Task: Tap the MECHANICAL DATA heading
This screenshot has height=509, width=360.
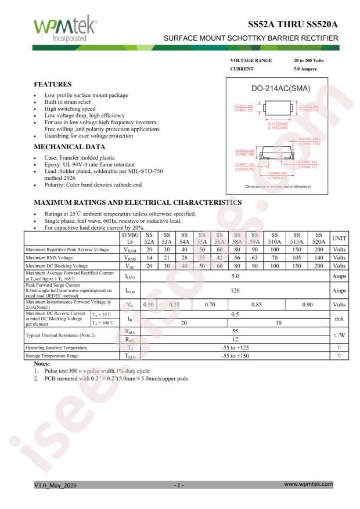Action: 66,146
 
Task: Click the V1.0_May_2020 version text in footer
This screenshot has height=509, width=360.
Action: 55,483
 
